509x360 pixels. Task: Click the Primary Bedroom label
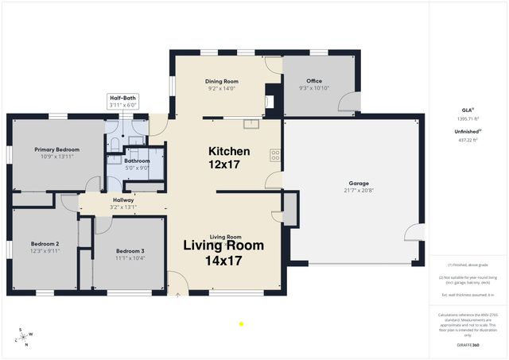(56, 149)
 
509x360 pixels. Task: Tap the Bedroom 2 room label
(45, 243)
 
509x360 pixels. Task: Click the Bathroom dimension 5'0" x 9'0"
(138, 168)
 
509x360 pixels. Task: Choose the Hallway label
(123, 199)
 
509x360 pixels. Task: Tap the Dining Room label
(222, 81)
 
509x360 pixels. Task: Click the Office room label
(313, 81)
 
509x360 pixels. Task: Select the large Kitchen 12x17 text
(229, 157)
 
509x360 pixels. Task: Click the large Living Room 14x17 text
(223, 253)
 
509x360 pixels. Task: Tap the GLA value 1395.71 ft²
(467, 117)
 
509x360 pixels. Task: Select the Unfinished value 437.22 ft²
(467, 140)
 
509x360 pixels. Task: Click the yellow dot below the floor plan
(241, 323)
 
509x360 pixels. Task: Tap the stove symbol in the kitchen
(275, 154)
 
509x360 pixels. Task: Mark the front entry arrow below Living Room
(177, 294)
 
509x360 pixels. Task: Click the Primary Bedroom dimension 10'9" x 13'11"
(56, 157)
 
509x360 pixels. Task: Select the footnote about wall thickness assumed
(467, 295)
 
